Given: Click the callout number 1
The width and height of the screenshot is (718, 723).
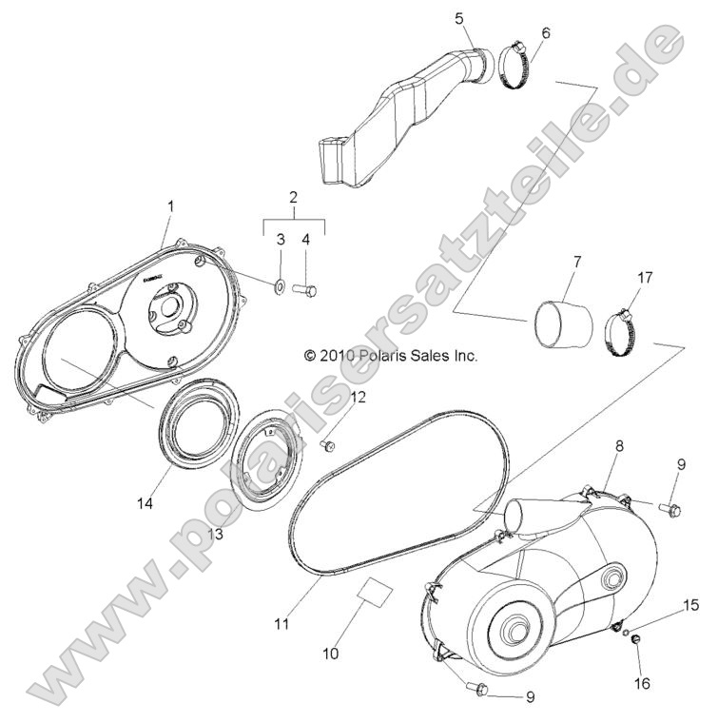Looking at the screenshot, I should (x=170, y=205).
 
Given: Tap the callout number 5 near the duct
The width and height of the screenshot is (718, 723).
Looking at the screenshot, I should (x=459, y=18).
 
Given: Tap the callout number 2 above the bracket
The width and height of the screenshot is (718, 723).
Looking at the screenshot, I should (x=294, y=198).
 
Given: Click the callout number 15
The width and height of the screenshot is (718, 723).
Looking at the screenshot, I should (x=691, y=606).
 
